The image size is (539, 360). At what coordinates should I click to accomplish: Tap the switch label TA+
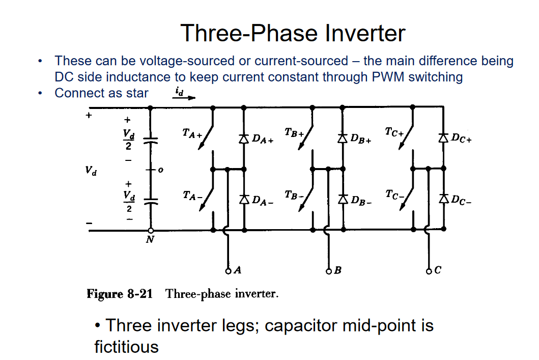[192, 134]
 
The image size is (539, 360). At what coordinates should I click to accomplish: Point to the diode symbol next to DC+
[443, 137]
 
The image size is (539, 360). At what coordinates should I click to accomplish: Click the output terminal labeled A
[228, 270]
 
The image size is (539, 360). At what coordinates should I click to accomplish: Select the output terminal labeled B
[328, 270]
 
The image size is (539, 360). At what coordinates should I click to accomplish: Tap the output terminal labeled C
[429, 270]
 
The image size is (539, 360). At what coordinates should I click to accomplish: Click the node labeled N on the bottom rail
[150, 231]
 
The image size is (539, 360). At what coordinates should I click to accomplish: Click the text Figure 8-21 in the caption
[120, 294]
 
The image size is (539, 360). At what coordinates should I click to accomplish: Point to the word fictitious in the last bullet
[127, 347]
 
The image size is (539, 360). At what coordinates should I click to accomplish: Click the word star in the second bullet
[137, 93]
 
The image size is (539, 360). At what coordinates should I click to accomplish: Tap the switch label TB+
[294, 133]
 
